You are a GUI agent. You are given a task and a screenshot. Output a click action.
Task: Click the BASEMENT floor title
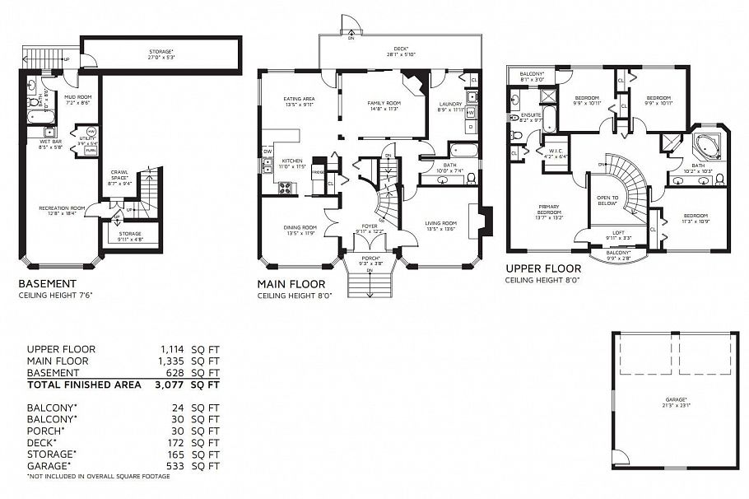coord(48,283)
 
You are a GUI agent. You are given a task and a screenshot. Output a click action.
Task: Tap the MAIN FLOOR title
coord(292,283)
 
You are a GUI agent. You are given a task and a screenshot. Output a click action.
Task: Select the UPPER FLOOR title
coord(543,268)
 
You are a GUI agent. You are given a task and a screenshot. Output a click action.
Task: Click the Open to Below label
coord(607,200)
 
